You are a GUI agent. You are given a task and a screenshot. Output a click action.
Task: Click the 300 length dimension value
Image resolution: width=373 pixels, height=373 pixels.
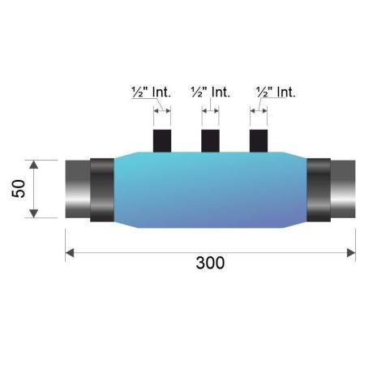(210, 263)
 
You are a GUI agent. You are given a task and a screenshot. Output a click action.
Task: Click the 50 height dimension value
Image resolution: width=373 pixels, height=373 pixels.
(19, 189)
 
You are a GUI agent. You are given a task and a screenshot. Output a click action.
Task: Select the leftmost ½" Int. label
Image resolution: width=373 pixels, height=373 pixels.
(151, 92)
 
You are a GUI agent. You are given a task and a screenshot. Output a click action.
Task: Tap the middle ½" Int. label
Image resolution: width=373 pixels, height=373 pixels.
(210, 92)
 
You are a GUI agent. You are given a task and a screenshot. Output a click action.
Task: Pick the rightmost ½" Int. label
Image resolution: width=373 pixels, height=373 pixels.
(276, 92)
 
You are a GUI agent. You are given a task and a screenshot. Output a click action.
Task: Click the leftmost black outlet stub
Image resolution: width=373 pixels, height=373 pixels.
(162, 141)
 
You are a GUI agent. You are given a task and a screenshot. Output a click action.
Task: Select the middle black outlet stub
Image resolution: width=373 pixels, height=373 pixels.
(210, 141)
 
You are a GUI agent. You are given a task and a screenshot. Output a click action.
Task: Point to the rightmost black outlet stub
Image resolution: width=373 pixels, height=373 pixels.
(259, 141)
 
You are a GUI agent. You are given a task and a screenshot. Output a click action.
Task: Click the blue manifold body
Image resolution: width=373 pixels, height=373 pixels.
(210, 190)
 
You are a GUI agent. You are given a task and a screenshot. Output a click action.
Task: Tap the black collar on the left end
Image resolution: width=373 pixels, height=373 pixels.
(102, 190)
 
